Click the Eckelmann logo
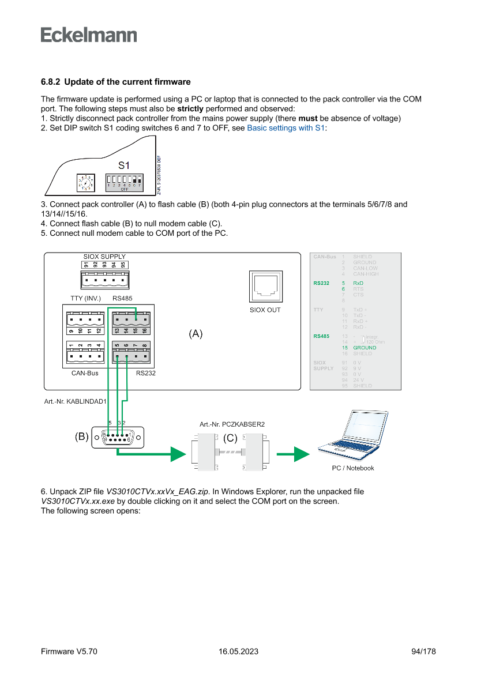pos(89,35)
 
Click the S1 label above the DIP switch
pos(124,165)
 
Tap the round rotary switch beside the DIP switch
pos(86,182)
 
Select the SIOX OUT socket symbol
pos(265,287)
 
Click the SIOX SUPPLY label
pos(104,257)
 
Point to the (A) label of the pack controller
pos(196,334)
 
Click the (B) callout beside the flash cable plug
pos(81,437)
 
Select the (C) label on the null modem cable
pos(230,438)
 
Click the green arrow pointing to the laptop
pos(293,454)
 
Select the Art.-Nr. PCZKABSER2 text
pos(232,424)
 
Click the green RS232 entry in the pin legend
pos(321,284)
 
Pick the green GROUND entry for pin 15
pos(365,348)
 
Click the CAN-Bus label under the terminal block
pos(85,373)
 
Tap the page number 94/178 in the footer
pos(424,652)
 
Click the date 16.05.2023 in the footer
pos(238,652)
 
